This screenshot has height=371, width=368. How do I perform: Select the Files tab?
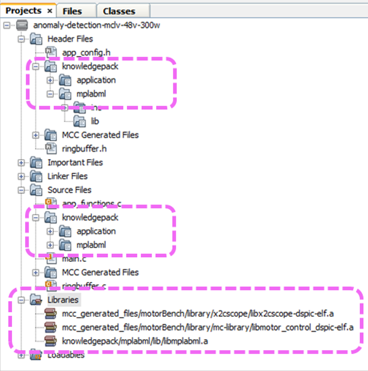72,11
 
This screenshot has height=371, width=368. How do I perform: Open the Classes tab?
119,11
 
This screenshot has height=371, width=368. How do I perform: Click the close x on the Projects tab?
50,11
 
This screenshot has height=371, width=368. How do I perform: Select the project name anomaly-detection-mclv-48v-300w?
97,25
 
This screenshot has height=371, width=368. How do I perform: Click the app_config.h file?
86,52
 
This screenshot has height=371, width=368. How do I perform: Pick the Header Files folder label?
70,39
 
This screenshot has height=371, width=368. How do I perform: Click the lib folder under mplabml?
95,121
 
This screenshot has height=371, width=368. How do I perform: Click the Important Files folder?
75,162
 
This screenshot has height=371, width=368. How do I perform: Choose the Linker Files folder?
68,176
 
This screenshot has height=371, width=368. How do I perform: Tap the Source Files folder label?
69,190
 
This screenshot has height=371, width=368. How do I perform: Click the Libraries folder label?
63,300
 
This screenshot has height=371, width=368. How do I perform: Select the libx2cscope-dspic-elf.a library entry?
198,314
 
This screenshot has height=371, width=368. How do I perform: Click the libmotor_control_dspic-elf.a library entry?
207,328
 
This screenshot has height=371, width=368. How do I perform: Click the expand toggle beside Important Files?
21,162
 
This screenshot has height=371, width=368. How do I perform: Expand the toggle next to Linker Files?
21,176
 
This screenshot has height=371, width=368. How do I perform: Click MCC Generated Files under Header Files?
100,135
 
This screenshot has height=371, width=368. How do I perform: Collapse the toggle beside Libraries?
21,300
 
